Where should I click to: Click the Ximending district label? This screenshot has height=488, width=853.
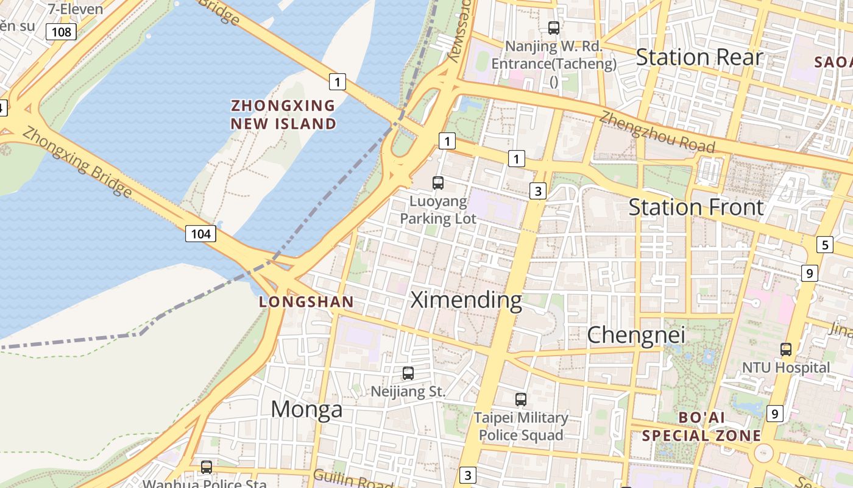click(466, 300)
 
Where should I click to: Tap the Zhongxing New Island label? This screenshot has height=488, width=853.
click(283, 115)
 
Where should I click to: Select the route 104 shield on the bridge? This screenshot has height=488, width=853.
click(200, 233)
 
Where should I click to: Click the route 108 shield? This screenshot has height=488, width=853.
click(62, 31)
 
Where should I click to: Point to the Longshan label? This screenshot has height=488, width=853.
click(306, 301)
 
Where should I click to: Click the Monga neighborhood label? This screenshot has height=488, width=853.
click(306, 409)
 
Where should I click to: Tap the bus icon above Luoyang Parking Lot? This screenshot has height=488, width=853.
click(437, 182)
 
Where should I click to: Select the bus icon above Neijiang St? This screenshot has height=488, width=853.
click(408, 373)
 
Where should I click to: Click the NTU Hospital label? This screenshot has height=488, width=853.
click(786, 368)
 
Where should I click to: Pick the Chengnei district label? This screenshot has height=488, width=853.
click(636, 334)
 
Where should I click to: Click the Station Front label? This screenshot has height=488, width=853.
click(696, 207)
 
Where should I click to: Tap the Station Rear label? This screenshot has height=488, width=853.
click(699, 57)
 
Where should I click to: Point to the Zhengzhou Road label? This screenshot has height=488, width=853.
click(657, 132)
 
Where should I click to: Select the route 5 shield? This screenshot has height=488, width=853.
click(824, 245)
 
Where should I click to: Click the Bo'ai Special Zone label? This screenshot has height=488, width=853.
click(701, 427)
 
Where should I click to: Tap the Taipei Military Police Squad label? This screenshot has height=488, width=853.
click(521, 426)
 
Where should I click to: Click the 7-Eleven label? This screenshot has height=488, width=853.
click(76, 9)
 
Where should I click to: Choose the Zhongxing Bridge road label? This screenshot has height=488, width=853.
click(77, 162)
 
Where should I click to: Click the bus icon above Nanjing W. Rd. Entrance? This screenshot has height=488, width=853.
click(553, 27)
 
